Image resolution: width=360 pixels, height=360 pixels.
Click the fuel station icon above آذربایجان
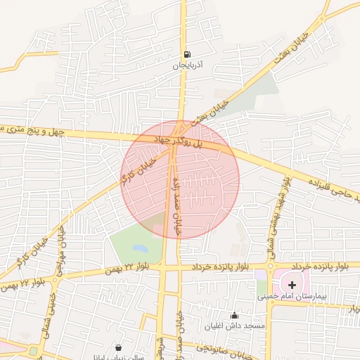(x=186, y=55)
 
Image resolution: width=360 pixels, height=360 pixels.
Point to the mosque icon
(x=234, y=315)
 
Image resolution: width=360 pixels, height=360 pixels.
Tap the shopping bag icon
(x=117, y=347)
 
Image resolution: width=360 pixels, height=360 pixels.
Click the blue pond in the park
(x=140, y=248)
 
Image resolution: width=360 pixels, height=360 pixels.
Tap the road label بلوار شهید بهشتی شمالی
(x=276, y=209)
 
